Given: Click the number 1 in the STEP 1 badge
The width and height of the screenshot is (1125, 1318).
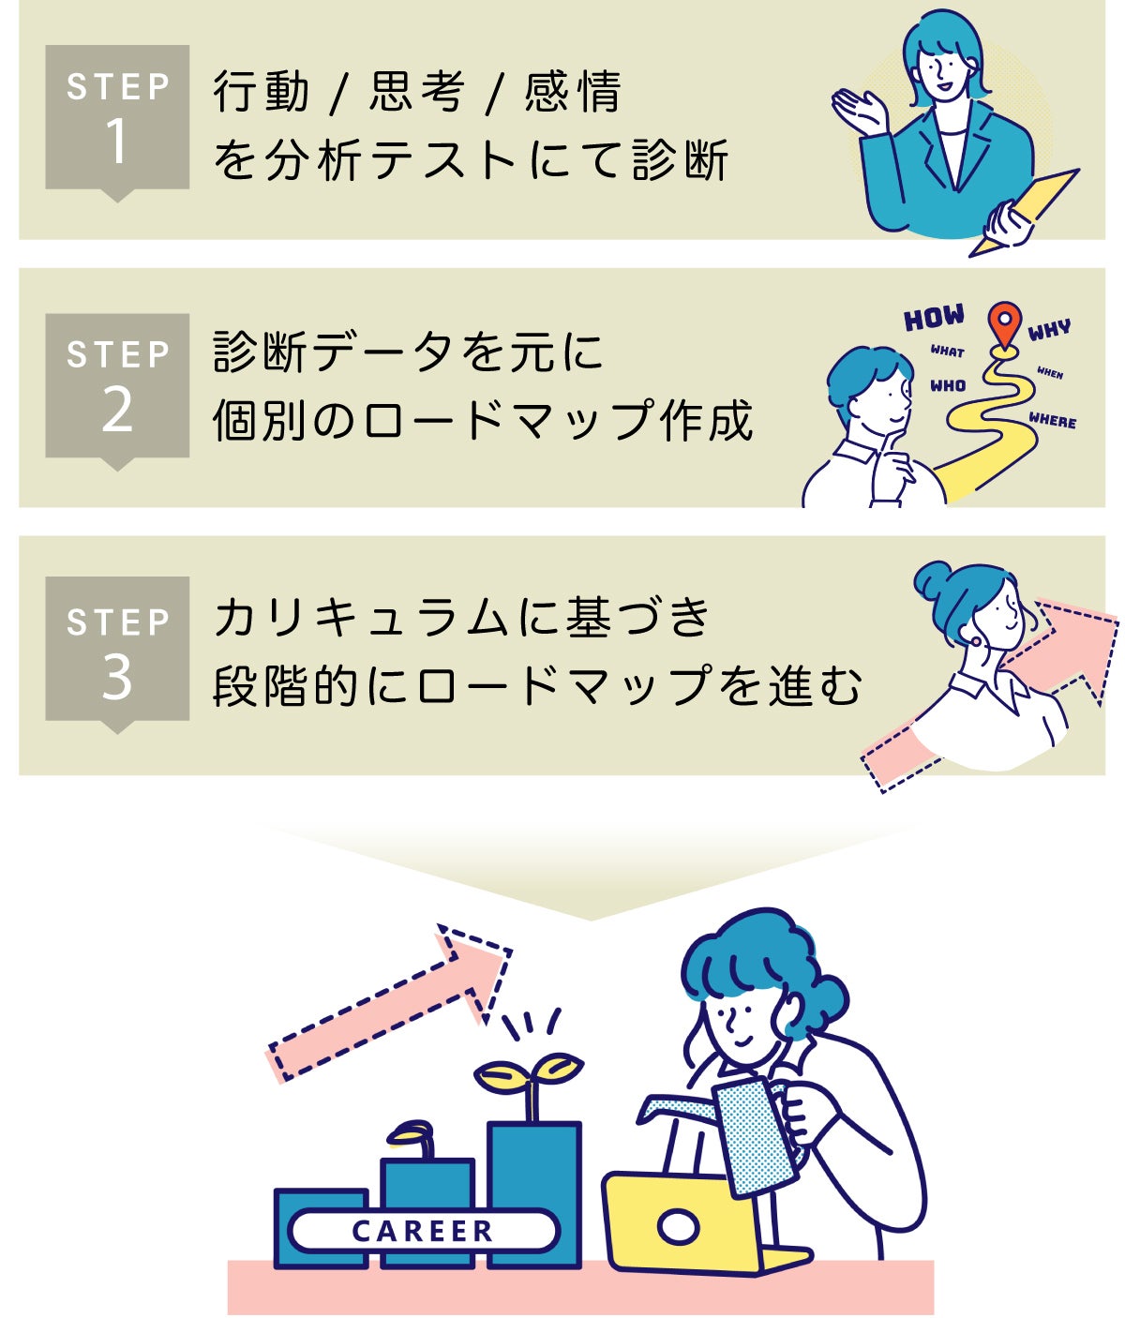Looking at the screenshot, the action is tap(116, 141).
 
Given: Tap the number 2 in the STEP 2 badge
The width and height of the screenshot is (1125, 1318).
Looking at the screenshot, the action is tap(117, 410).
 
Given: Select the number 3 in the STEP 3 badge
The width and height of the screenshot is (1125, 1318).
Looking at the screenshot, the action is tap(117, 677).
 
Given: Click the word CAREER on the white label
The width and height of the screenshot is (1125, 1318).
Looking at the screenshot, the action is tap(423, 1231).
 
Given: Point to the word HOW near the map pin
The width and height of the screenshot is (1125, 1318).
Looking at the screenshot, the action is tap(935, 317).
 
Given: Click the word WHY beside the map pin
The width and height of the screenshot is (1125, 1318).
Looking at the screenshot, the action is tap(1048, 330).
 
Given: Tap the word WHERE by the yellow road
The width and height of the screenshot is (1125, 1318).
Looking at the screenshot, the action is tap(1052, 420).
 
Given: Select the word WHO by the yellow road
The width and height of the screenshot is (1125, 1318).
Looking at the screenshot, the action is tap(948, 386).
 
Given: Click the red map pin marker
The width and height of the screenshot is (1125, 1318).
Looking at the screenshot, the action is tap(1005, 324).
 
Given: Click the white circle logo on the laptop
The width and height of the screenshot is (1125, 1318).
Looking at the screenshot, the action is tap(678, 1227).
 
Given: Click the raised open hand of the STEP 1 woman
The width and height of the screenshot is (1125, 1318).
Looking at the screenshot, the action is tap(859, 111).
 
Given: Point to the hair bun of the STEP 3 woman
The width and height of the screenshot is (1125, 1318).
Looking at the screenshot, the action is tap(933, 578).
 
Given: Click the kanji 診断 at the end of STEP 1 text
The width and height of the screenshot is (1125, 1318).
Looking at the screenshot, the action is tap(680, 160).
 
